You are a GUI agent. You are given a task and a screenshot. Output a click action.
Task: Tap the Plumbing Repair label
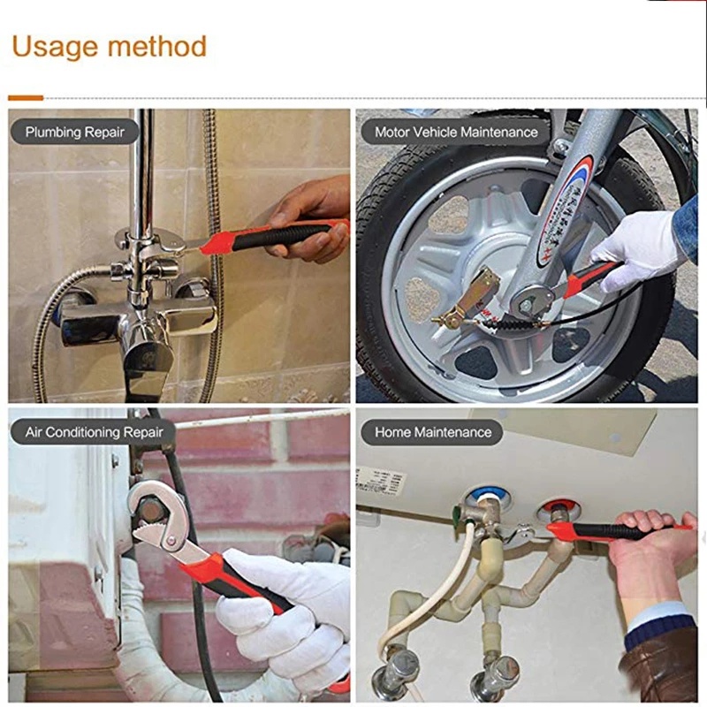[75, 133]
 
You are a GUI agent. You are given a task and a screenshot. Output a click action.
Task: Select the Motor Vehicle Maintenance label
[455, 132]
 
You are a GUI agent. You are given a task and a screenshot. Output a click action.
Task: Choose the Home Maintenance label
[432, 432]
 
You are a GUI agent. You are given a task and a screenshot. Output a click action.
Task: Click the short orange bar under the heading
[26, 97]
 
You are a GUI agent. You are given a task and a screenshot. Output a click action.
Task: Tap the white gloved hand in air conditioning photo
[283, 610]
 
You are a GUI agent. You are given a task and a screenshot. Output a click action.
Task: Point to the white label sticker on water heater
[381, 482]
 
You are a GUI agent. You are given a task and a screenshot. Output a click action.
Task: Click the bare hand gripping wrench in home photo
[650, 548]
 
